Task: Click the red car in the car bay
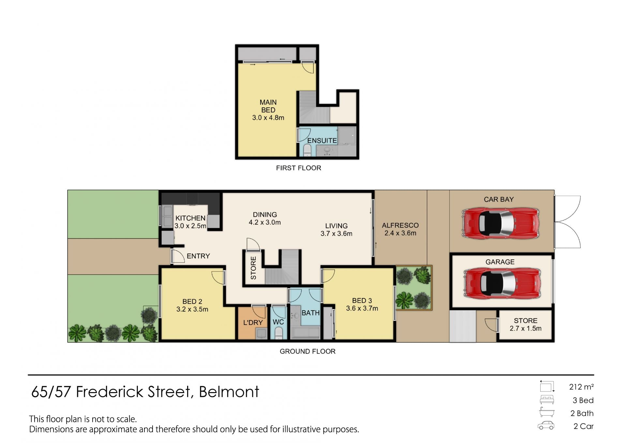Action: point(500,223)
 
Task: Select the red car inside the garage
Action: point(502,283)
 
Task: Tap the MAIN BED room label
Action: point(268,106)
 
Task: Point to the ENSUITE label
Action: point(322,141)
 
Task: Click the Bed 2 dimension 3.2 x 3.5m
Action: point(192,309)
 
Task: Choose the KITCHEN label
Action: point(190,218)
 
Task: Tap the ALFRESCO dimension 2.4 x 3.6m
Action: point(400,233)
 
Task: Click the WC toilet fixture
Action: point(278,333)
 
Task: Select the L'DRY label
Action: point(253,323)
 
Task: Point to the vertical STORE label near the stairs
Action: point(253,268)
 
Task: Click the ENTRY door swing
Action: point(178,256)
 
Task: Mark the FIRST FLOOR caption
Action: point(299,168)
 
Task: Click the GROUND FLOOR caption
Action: point(307,351)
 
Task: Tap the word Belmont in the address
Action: point(229,392)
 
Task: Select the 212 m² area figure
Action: point(581,387)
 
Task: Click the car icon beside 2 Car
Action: point(546,426)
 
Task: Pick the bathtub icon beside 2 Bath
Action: point(546,412)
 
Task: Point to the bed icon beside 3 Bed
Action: point(547,400)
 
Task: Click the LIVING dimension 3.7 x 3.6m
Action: point(336,234)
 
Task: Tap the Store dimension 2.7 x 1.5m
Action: point(526,328)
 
